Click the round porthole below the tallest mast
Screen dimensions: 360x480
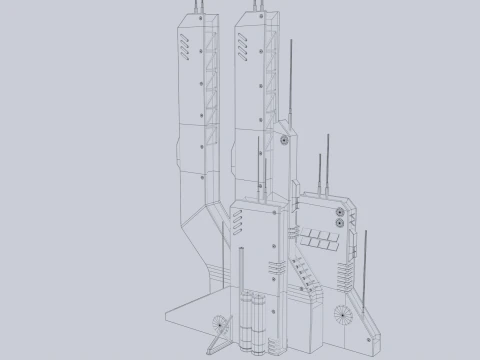click(x=286, y=141)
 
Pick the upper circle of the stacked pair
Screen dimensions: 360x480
click(x=340, y=214)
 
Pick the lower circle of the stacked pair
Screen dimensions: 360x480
click(x=340, y=226)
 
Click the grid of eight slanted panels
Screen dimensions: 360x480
click(x=320, y=238)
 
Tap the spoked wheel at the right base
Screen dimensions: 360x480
click(x=343, y=310)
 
